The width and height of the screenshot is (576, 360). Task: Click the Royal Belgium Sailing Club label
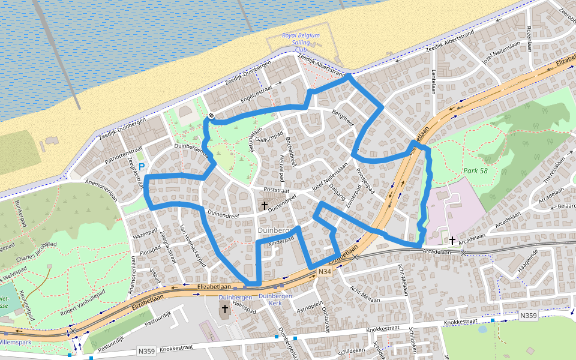301,43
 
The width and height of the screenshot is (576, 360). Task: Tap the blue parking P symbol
142,166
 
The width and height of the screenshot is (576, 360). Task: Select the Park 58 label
475,171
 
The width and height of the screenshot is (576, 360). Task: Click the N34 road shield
324,272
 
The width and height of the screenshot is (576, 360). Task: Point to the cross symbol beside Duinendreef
264,206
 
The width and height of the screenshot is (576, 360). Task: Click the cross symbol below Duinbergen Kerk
225,309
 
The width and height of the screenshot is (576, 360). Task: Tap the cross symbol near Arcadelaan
452,240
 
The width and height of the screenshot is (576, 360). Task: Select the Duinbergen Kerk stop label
275,299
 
